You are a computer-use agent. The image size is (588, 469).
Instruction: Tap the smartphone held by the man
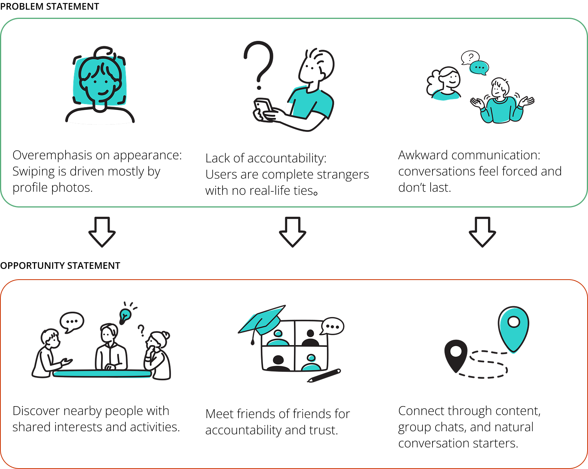pos(262,108)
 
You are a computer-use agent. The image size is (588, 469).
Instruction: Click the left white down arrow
pos(102,231)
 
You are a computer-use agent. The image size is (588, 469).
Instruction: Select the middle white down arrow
pos(292,231)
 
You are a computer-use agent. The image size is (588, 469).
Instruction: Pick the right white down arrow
pos(482,231)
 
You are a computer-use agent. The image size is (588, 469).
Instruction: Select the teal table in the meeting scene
pos(102,373)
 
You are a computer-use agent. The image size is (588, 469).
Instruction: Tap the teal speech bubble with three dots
pos(479,68)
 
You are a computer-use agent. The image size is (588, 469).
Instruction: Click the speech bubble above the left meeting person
pos(72,321)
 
